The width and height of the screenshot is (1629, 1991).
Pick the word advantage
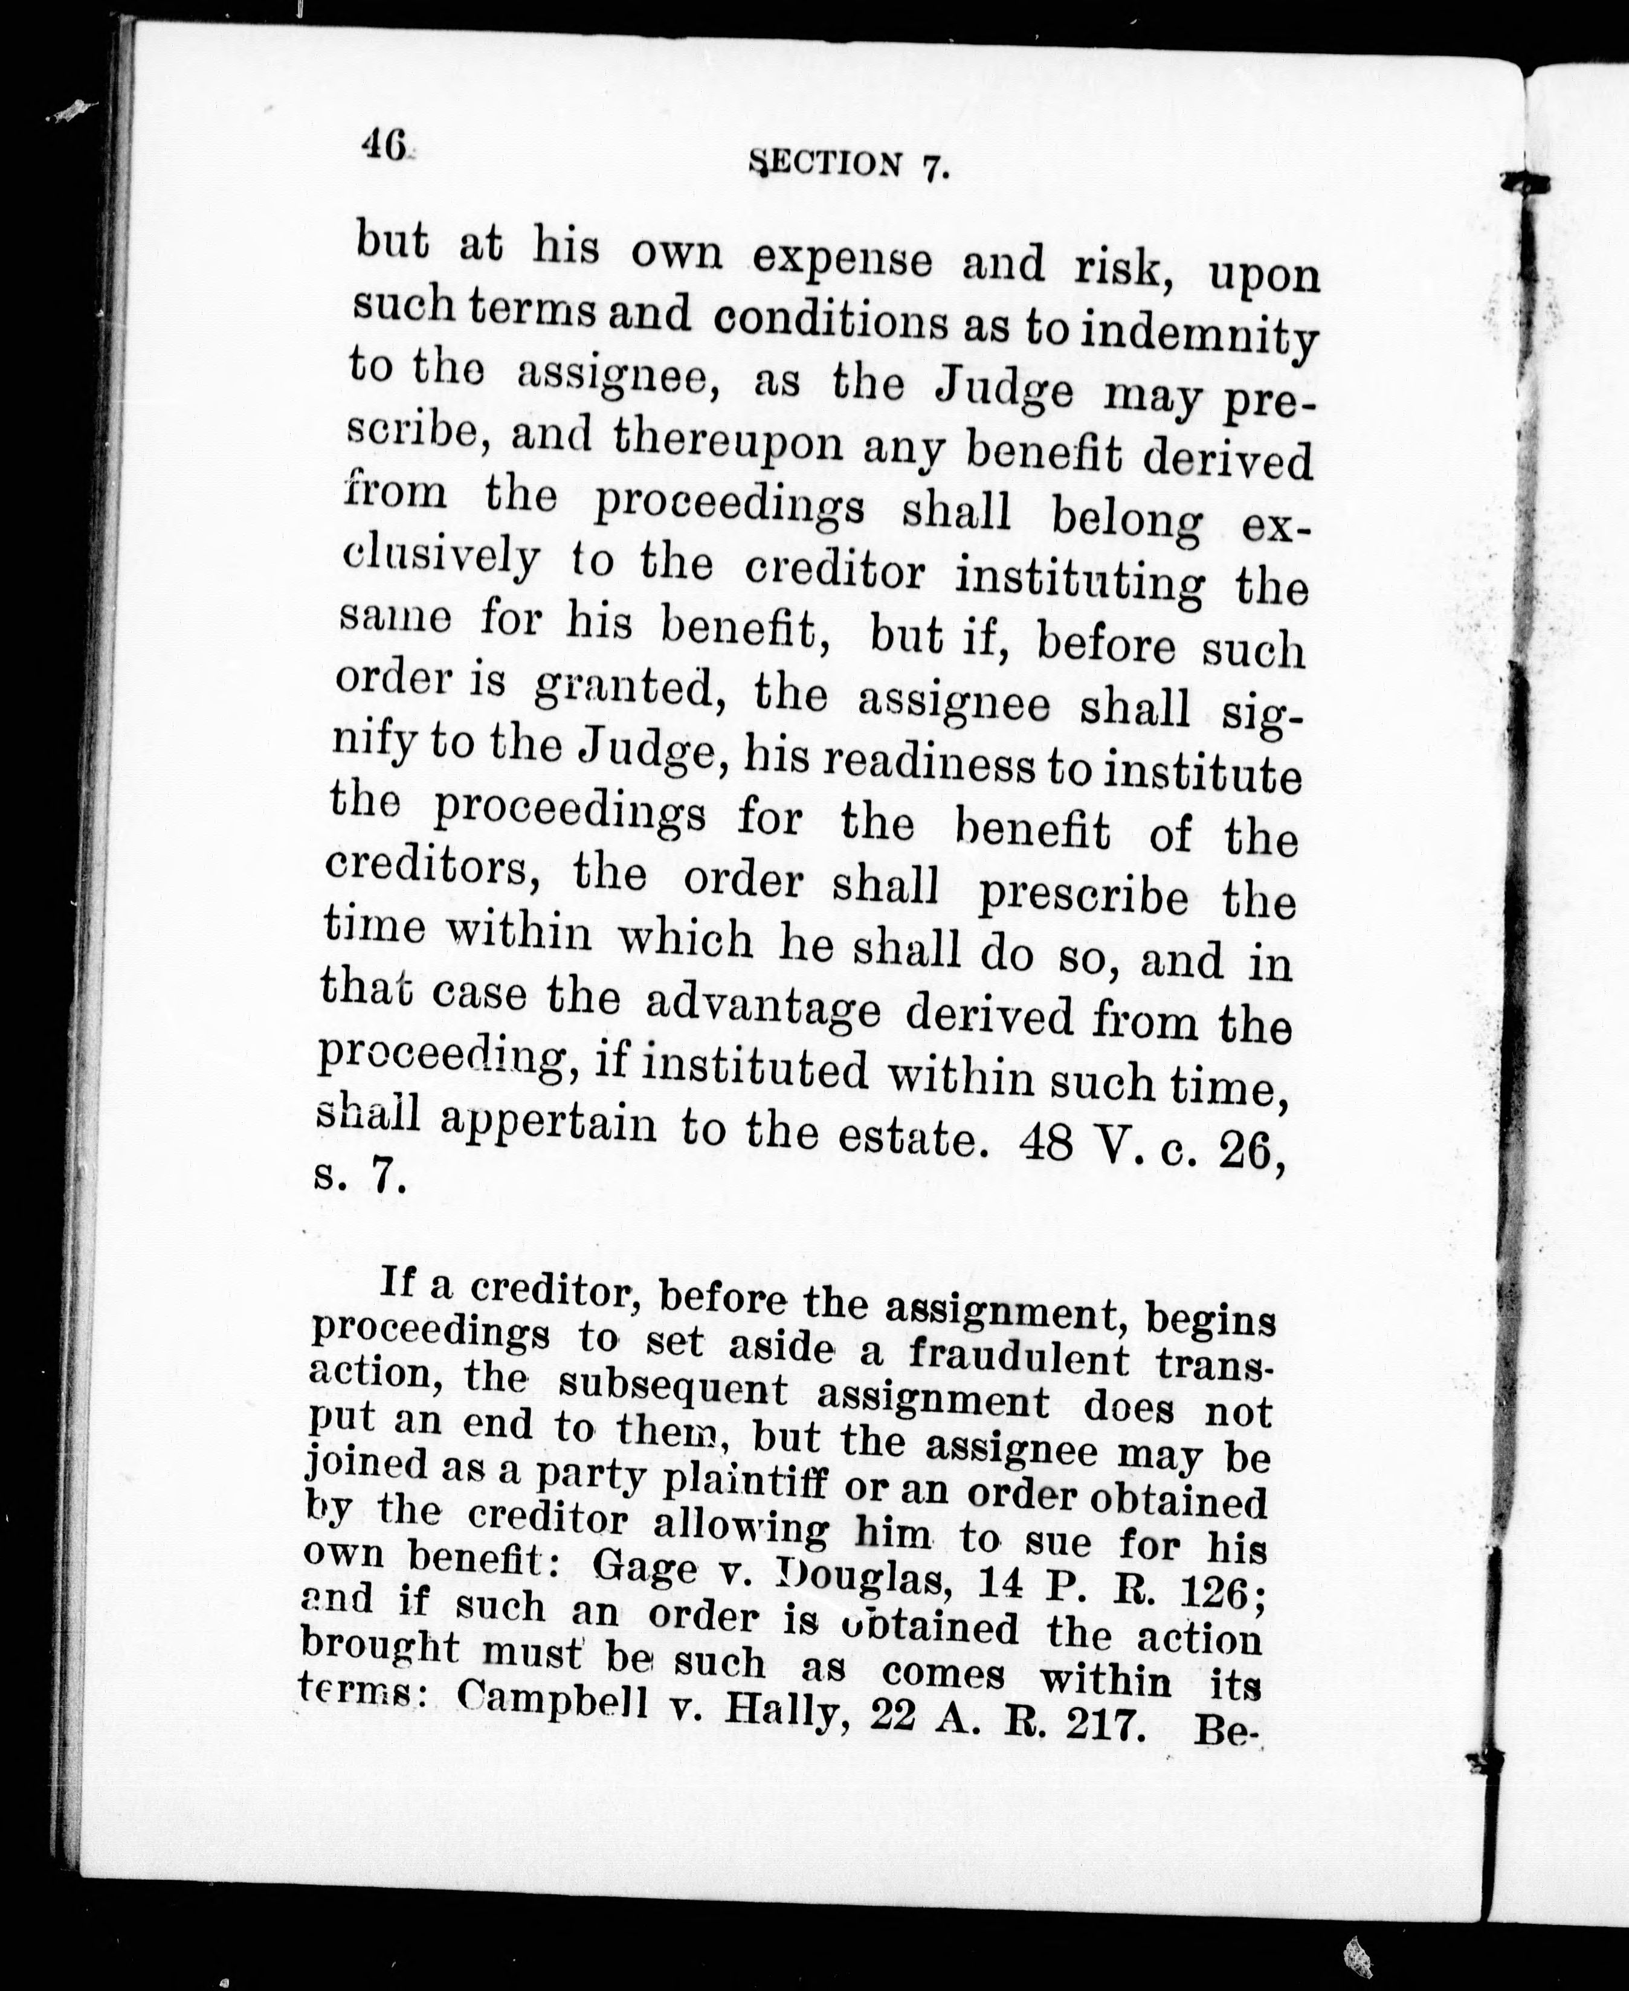click(763, 1009)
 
